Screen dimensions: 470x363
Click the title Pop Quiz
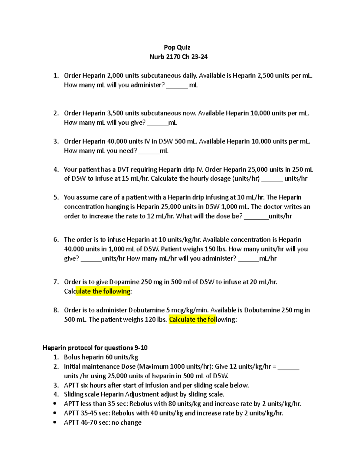click(177, 47)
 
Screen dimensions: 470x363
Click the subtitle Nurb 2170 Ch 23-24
click(178, 57)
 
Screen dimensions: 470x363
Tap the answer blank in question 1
click(177, 86)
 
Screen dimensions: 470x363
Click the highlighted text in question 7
click(103, 291)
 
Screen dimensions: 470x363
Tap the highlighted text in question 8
click(192, 319)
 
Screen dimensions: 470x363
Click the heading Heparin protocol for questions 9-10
click(95, 347)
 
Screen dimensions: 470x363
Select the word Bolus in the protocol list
click(72, 357)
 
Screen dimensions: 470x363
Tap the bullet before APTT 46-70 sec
click(55, 422)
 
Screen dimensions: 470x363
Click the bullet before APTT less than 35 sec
click(55, 404)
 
